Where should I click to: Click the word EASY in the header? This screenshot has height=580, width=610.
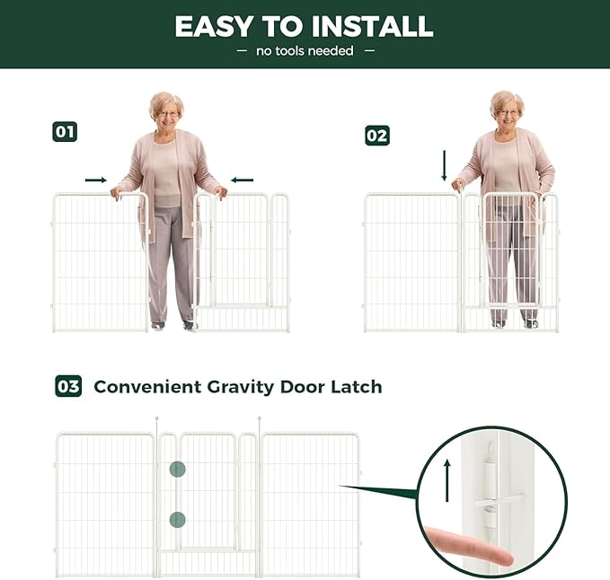[211, 26]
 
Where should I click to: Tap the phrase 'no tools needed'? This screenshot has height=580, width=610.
[305, 51]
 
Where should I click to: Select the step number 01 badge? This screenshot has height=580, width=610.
[65, 132]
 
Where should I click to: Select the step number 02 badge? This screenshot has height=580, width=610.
[377, 136]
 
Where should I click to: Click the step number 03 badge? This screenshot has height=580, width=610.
[68, 387]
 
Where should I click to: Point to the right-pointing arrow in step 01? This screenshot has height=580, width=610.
[96, 180]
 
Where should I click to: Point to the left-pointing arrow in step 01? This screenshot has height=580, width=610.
[242, 180]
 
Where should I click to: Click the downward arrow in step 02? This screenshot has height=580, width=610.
[445, 165]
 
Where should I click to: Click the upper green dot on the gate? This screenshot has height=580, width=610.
[177, 469]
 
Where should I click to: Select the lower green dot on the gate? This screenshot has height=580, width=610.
[177, 518]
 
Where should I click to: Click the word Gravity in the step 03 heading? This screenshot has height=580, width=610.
[238, 388]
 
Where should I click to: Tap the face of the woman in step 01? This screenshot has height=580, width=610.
[167, 112]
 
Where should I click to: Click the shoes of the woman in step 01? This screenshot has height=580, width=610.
[173, 325]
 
